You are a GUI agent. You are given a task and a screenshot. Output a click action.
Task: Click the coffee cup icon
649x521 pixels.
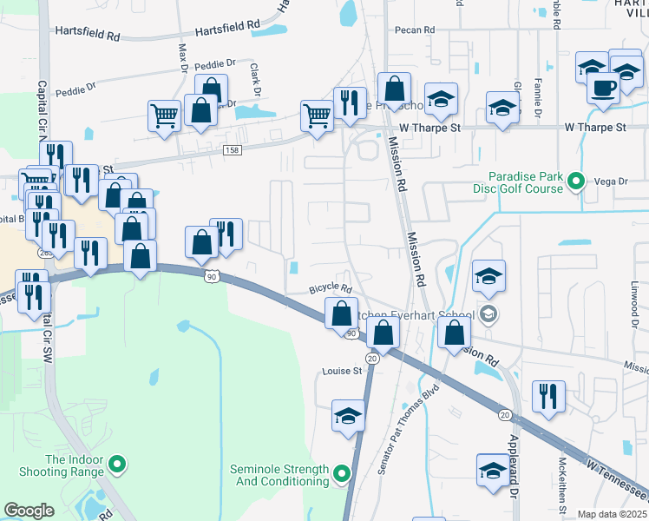(603, 86)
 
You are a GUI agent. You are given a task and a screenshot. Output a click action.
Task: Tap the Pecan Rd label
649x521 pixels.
(415, 30)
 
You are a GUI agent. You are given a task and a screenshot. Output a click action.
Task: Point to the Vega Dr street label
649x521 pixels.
(610, 181)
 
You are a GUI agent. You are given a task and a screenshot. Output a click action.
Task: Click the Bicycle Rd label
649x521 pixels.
(331, 289)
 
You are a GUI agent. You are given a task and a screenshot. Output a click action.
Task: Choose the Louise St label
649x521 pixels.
(343, 371)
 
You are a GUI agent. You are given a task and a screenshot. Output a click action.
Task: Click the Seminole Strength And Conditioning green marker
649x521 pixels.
(341, 474)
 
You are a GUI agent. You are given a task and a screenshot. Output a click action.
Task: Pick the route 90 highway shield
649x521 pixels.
(212, 276)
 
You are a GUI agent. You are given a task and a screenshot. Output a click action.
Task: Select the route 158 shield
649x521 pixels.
(232, 151)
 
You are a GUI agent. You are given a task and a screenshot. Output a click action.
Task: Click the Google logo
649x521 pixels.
(29, 511)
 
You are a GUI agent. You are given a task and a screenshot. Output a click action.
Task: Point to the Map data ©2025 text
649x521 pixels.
(613, 514)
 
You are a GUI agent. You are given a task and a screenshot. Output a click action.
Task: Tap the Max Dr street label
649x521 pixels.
(183, 57)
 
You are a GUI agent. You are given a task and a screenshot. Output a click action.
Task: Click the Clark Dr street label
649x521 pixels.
(255, 78)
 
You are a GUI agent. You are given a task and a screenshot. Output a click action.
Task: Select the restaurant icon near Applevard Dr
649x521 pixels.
(548, 396)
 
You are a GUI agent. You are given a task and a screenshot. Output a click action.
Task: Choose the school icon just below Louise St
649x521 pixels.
(348, 416)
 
